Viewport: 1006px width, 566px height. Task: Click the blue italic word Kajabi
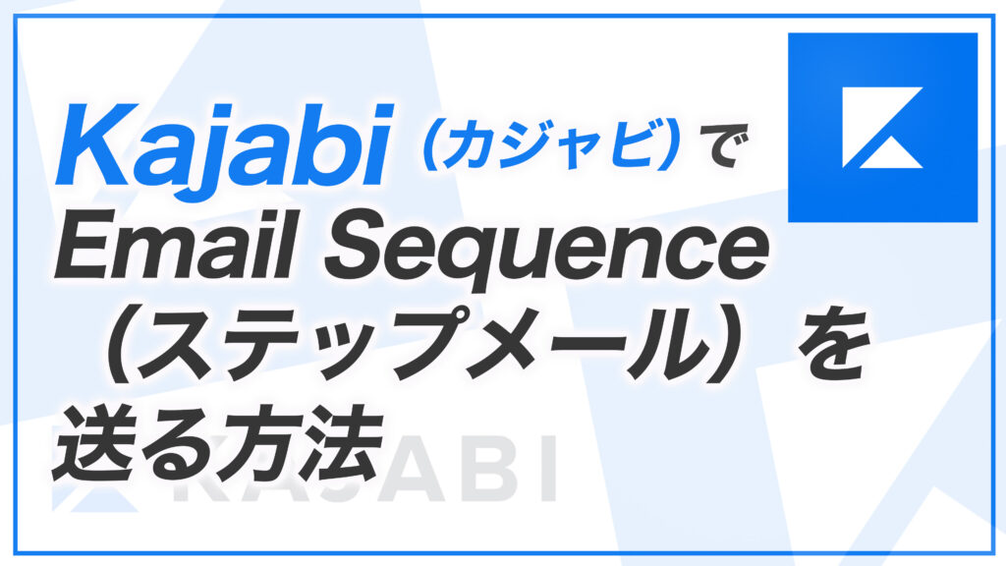pyautogui.click(x=225, y=145)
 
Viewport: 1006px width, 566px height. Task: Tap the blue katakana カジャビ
pyautogui.click(x=552, y=145)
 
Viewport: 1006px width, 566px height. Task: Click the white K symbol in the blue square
pyautogui.click(x=882, y=127)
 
